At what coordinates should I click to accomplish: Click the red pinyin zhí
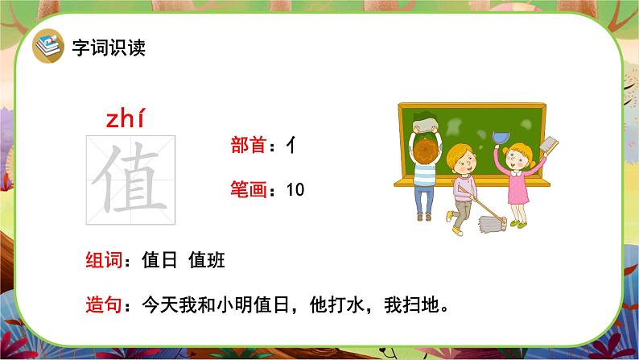125,118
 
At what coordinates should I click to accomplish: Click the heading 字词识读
109,48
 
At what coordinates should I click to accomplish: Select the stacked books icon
48,46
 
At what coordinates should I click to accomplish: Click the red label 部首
249,145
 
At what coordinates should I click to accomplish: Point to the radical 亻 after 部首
291,145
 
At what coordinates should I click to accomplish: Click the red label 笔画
249,189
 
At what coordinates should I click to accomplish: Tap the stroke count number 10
295,189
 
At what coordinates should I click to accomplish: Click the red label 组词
104,259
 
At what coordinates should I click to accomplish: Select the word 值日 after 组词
159,259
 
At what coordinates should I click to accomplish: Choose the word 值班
207,259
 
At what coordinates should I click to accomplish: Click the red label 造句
104,304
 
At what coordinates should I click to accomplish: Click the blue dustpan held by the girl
501,137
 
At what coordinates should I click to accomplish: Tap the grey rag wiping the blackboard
425,124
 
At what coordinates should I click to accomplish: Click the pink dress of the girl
518,186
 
